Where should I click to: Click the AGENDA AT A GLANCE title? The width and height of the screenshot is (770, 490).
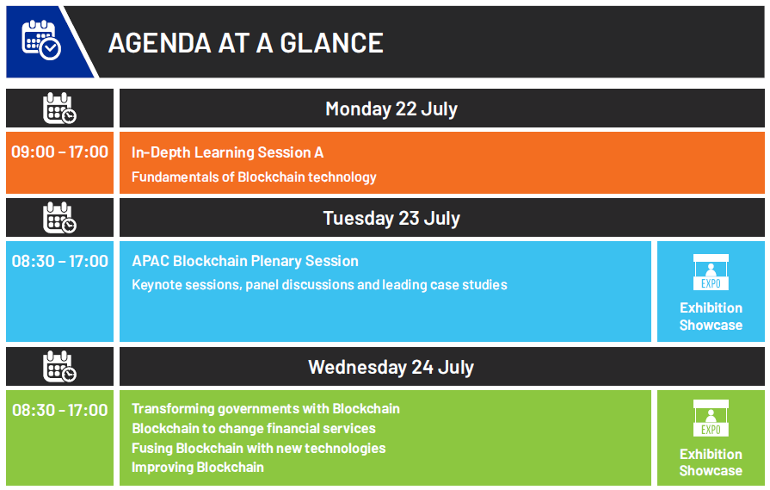[x=245, y=43]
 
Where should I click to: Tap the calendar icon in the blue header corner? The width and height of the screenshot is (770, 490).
[x=41, y=40]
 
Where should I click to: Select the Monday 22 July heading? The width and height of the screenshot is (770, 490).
[x=391, y=109]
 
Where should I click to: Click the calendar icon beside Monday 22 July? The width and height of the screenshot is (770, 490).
[x=59, y=109]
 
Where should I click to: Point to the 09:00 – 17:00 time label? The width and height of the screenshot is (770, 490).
[x=60, y=152]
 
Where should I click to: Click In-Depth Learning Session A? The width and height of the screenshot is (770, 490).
[x=227, y=152]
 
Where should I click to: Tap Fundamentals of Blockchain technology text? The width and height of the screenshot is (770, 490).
[x=254, y=177]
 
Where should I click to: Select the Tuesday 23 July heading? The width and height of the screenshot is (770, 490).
[x=391, y=218]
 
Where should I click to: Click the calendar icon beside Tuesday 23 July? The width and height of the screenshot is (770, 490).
[x=59, y=218]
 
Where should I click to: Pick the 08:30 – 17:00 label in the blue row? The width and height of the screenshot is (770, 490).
[x=60, y=261]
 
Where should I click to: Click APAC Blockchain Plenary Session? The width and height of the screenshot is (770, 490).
[x=245, y=261]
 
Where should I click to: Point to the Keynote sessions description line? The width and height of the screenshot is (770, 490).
[x=319, y=284]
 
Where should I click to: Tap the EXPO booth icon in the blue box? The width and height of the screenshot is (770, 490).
[x=711, y=272]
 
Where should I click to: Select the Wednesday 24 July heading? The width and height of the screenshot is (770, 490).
[x=391, y=367]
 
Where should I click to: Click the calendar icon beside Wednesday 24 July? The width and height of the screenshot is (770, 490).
[x=59, y=367]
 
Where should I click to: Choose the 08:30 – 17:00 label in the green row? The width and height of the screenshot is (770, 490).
[x=60, y=410]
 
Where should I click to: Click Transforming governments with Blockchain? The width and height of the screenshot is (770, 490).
[x=266, y=409]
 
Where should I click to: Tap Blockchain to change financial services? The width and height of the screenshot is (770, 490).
[x=254, y=429]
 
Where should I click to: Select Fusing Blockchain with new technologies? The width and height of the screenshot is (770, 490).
[x=259, y=448]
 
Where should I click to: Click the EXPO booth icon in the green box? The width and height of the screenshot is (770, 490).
[x=711, y=419]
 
